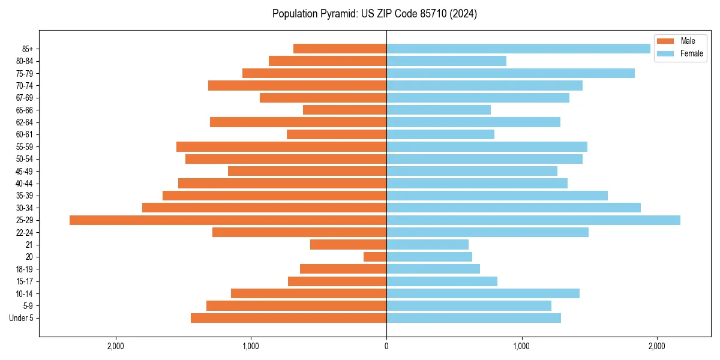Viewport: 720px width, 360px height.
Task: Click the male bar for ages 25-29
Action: point(228,220)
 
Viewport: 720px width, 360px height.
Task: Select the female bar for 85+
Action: point(518,49)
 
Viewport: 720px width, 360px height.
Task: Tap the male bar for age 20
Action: point(375,257)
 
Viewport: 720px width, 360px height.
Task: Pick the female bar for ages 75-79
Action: point(511,73)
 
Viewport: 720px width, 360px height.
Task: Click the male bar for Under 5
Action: point(289,318)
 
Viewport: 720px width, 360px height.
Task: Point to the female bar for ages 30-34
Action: point(514,208)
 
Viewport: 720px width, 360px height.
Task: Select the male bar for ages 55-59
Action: point(281,147)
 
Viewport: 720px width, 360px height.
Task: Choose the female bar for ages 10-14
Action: point(483,293)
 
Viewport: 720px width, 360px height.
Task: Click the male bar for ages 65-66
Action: point(344,110)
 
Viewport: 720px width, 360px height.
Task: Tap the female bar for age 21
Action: point(427,245)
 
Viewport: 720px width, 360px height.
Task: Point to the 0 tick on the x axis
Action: point(386,346)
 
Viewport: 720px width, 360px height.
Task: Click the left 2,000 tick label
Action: point(115,346)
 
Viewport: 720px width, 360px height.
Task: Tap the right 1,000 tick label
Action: point(521,346)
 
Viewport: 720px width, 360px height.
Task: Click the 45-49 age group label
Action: point(25,171)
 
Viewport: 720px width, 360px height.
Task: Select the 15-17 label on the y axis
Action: point(25,281)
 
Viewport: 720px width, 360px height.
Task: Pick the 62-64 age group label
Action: point(25,122)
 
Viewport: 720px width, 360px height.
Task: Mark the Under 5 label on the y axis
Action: point(22,318)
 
